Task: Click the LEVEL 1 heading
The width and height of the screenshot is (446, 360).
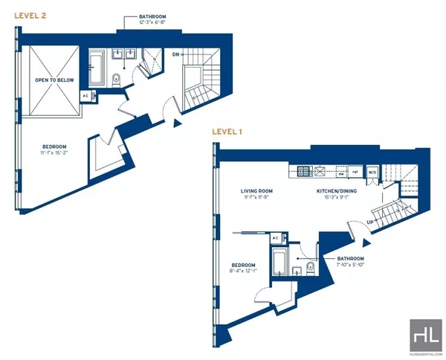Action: point(229,132)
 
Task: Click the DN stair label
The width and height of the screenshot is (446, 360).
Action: point(176,54)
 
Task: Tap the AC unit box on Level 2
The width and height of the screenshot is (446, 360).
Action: point(85,96)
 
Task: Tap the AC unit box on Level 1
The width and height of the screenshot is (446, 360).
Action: point(275,238)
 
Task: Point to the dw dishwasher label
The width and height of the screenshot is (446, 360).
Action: point(340,175)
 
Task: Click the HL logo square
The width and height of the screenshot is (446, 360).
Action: point(425,334)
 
